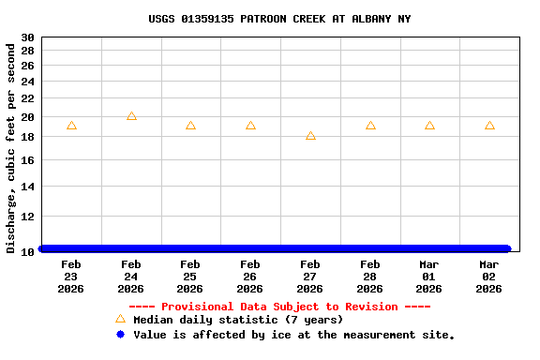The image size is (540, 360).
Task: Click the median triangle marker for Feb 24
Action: click(x=131, y=116)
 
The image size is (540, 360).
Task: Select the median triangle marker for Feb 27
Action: click(x=310, y=136)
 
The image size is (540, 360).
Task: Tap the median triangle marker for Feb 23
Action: click(x=71, y=126)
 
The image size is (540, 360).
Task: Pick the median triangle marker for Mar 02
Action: click(x=489, y=126)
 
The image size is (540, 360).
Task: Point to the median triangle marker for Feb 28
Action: click(x=370, y=126)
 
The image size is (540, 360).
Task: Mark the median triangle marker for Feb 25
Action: click(x=190, y=126)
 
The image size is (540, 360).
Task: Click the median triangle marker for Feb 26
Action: click(x=250, y=126)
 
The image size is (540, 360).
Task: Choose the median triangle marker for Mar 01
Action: click(x=429, y=126)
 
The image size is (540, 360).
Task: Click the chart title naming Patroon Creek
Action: click(x=279, y=19)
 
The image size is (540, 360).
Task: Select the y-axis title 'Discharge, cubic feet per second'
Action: click(x=11, y=147)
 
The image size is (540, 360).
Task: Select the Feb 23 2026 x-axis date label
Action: click(x=71, y=277)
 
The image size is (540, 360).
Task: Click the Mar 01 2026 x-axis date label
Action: click(x=429, y=277)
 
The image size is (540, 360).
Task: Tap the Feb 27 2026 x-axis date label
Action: click(x=310, y=277)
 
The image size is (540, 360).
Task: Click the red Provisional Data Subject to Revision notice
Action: click(x=279, y=307)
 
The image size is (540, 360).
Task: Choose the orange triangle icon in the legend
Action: click(x=120, y=319)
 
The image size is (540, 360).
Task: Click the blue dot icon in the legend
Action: click(x=120, y=335)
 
